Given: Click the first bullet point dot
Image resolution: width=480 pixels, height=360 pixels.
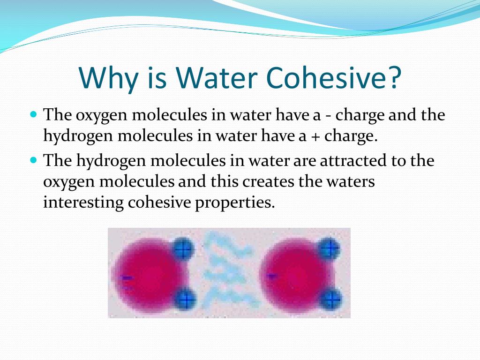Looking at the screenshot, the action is pos(34,114).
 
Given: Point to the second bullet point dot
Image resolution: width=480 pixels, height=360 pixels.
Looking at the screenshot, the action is pos(34,160).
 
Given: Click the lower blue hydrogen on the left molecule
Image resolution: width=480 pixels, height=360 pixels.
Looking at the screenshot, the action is pos(185,299).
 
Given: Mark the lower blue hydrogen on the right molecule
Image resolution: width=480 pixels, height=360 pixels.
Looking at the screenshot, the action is pos(331,299).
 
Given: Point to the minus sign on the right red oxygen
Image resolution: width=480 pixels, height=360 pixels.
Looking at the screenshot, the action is pos(272,276).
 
